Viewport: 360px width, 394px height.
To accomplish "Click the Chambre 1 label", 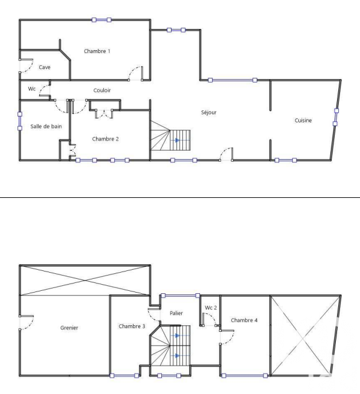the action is (97, 51).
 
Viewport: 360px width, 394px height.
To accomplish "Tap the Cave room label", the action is (45, 67).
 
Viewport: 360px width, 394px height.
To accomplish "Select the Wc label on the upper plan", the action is (31, 89).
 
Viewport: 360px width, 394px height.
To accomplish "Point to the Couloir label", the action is (102, 91).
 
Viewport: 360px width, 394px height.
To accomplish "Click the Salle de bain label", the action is (46, 126).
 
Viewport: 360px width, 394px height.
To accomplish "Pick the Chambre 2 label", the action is (106, 139).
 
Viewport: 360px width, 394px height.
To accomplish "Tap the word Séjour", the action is (209, 112).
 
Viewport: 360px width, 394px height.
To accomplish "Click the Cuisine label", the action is (303, 120).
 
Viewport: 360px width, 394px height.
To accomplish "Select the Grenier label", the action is (69, 328).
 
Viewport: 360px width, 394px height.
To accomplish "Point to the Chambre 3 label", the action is (132, 326).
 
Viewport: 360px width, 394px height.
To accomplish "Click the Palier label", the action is (176, 313).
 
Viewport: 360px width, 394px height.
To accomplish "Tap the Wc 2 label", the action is (211, 308).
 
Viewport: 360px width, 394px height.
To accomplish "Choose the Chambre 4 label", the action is (244, 320).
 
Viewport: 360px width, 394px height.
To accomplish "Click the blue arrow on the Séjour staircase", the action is (178, 140).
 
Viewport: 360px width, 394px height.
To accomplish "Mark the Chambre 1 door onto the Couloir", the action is (136, 73).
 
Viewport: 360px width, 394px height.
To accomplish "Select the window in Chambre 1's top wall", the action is (101, 19).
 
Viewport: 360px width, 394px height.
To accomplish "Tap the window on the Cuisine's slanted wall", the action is (336, 117).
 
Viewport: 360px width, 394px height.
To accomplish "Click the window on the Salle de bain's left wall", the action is (19, 121).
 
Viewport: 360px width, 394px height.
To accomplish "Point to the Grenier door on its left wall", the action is (26, 323).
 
